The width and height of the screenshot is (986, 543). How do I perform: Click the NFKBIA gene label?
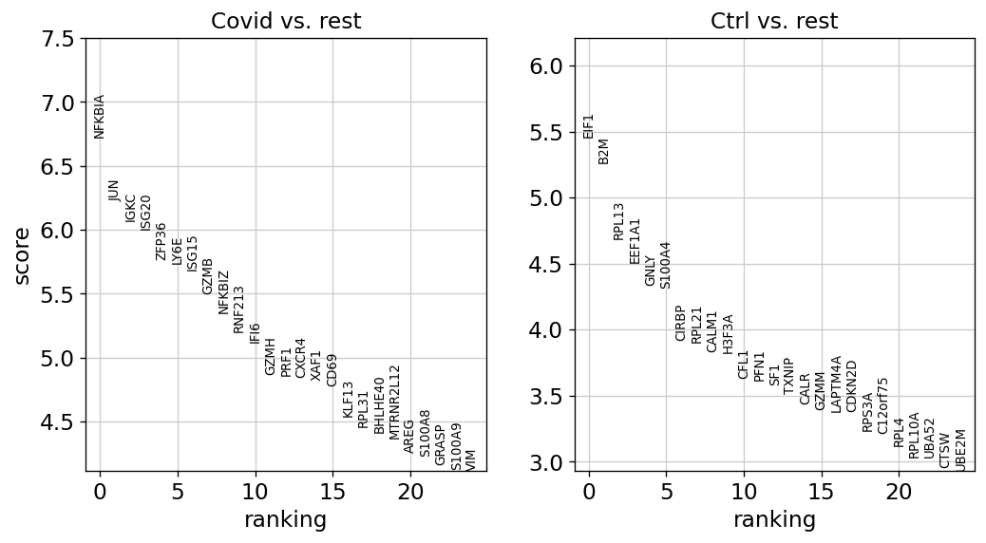pos(99,117)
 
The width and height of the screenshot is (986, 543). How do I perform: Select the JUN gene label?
pos(114,191)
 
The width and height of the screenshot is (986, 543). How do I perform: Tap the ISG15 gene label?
pos(192,253)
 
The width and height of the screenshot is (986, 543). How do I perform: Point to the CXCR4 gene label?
pos(300,358)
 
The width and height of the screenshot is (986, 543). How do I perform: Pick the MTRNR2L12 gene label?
pos(394,403)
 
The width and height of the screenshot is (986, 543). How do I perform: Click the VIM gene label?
pos(471,460)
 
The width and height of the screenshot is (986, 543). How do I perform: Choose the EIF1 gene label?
pos(588,126)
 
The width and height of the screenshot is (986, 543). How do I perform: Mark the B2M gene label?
pos(603,152)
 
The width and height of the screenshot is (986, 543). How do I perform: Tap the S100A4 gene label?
pos(665,265)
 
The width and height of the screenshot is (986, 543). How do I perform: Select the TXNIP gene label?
pos(789,377)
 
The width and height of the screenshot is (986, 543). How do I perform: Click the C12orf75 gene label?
pos(882,405)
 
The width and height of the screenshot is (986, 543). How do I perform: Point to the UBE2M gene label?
pos(959,450)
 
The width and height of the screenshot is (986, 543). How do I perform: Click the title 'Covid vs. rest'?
pos(286,21)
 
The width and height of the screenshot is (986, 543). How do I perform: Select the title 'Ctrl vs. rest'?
pos(774,21)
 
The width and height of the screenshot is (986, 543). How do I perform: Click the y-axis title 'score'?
pos(22,255)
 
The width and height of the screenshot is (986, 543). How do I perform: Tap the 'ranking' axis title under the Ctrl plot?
pos(774,520)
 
